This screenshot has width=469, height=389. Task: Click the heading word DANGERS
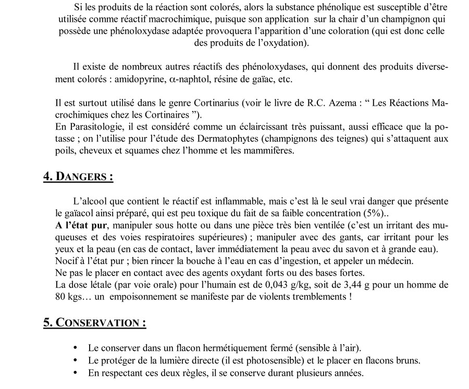tap(84, 177)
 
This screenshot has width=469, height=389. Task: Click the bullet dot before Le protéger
tap(77, 360)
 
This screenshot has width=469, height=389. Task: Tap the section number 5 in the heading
tap(47, 322)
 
